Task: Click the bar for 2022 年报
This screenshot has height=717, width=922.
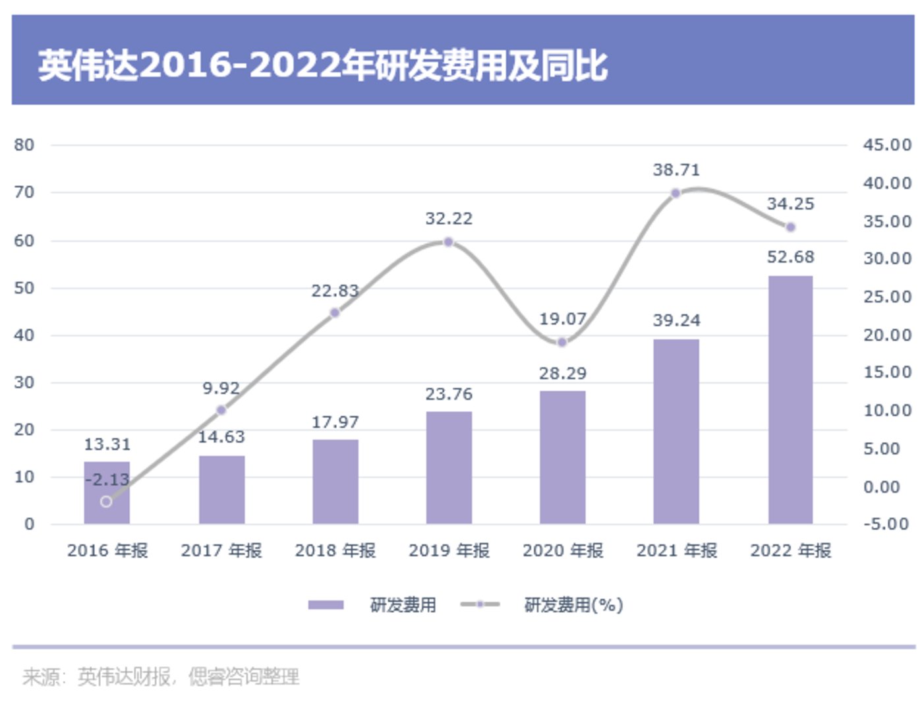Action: pyautogui.click(x=790, y=399)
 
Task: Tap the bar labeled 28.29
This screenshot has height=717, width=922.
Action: pyautogui.click(x=562, y=457)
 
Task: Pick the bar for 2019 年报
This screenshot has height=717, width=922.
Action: pyautogui.click(x=449, y=468)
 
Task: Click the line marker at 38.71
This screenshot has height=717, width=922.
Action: pyautogui.click(x=676, y=193)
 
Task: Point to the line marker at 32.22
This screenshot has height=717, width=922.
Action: pyautogui.click(x=448, y=242)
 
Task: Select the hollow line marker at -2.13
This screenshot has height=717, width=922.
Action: pyautogui.click(x=106, y=502)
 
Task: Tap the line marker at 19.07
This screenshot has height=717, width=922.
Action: pyautogui.click(x=562, y=342)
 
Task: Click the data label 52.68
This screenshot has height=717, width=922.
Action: pyautogui.click(x=790, y=257)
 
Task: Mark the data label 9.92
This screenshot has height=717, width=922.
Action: pyautogui.click(x=221, y=388)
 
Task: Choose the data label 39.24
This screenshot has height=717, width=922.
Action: pyautogui.click(x=676, y=320)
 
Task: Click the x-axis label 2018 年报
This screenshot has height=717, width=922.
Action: pyautogui.click(x=335, y=550)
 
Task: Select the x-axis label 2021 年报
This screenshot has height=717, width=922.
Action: pyautogui.click(x=676, y=550)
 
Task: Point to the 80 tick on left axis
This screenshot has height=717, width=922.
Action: pyautogui.click(x=24, y=145)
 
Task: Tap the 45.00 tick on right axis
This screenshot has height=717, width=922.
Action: pyautogui.click(x=887, y=145)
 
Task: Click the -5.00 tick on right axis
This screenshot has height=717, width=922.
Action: pyautogui.click(x=887, y=524)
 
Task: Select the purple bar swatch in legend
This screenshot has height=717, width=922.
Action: pyautogui.click(x=326, y=604)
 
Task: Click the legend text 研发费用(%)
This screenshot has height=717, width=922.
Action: pyautogui.click(x=573, y=604)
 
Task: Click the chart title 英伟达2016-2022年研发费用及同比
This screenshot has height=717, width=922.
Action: pyautogui.click(x=322, y=65)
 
